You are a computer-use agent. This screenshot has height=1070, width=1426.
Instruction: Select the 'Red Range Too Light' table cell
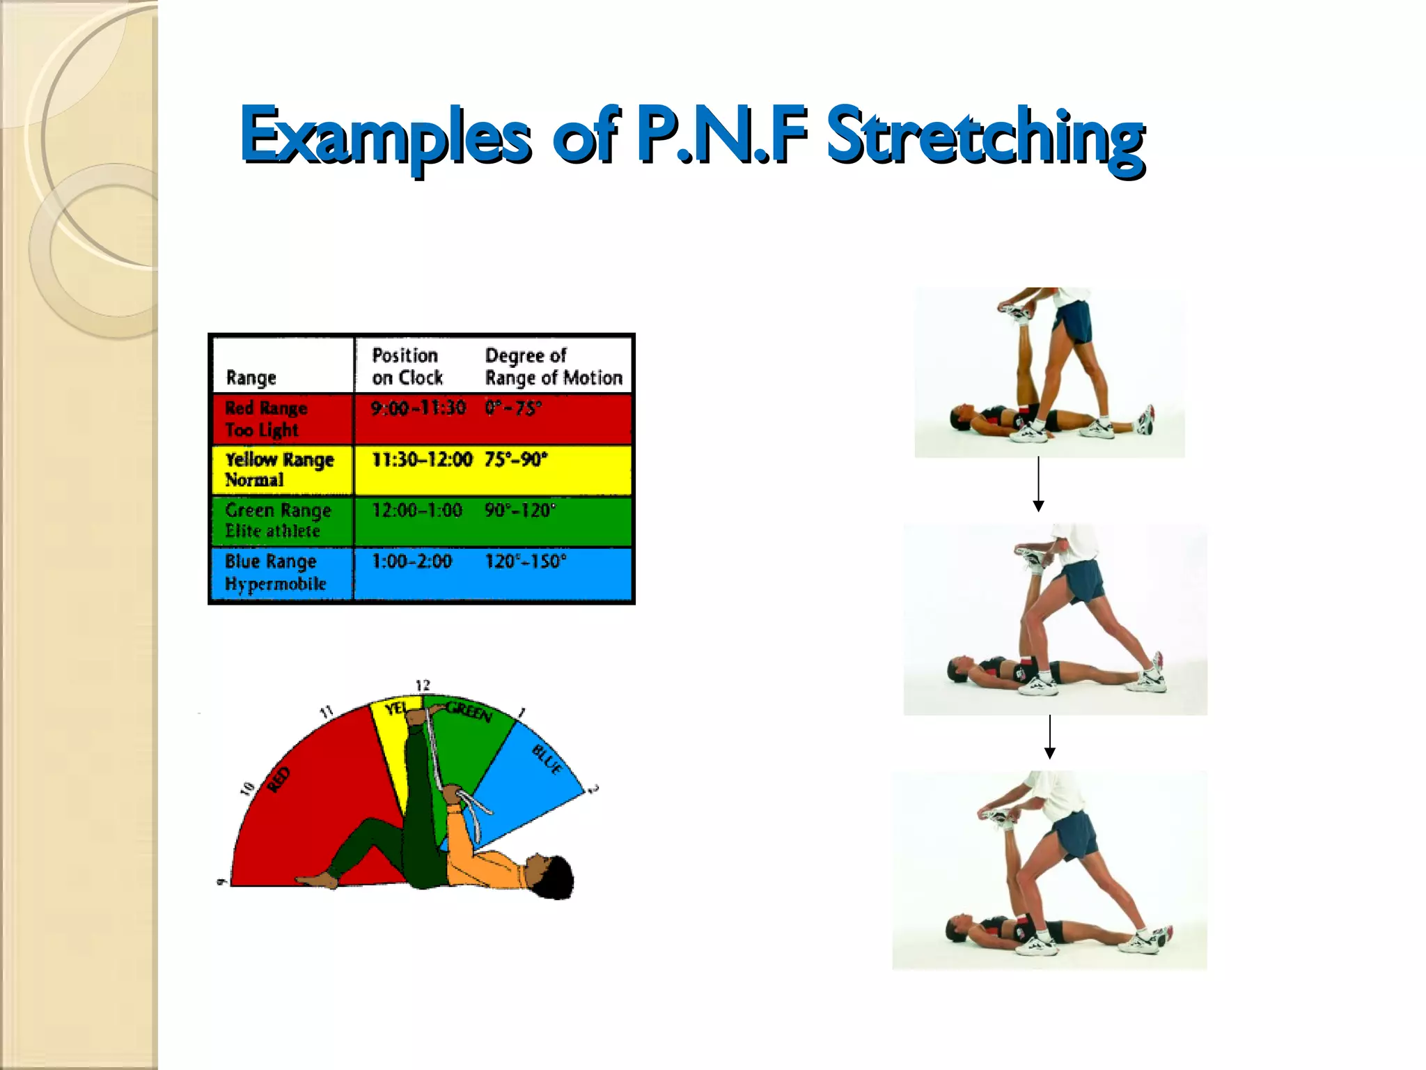[266, 419]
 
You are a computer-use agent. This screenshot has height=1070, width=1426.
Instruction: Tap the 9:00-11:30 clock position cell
[418, 408]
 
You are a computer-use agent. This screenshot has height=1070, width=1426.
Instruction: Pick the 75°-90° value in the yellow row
[516, 460]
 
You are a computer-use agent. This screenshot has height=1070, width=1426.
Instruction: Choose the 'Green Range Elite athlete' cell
[277, 520]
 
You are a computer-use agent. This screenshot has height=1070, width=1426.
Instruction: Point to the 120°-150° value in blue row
[526, 561]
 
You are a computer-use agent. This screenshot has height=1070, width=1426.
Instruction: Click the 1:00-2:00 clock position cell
[412, 561]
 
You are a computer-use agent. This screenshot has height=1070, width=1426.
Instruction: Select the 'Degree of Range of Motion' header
[554, 367]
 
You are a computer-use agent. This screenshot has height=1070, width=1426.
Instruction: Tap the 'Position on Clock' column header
[407, 367]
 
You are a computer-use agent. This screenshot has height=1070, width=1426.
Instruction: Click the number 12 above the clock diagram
[423, 685]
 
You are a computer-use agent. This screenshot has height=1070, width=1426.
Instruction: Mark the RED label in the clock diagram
[279, 780]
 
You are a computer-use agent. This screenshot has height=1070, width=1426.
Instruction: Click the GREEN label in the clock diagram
[469, 712]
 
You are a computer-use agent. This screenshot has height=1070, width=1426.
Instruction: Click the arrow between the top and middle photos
[1038, 485]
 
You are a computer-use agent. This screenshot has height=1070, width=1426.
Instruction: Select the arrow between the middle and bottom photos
[1050, 737]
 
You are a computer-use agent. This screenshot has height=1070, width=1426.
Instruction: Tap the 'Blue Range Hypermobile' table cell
[274, 573]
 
